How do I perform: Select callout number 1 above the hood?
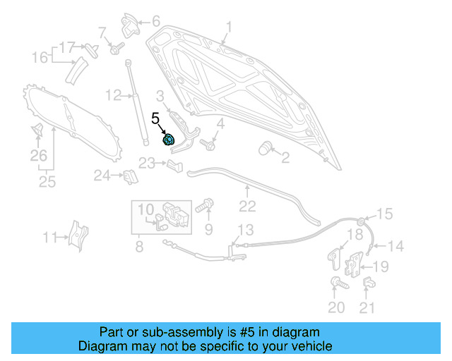(x=228, y=27)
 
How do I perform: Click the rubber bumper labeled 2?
(x=266, y=147)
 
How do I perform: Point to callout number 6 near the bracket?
(x=155, y=21)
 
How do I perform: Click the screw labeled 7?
(x=115, y=49)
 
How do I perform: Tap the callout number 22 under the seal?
(x=246, y=206)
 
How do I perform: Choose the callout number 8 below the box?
(x=139, y=247)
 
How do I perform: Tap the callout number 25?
(x=47, y=183)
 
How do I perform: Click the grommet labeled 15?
(x=362, y=222)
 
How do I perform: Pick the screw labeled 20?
(x=336, y=283)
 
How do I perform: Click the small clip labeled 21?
(x=367, y=283)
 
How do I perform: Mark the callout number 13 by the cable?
(x=244, y=230)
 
